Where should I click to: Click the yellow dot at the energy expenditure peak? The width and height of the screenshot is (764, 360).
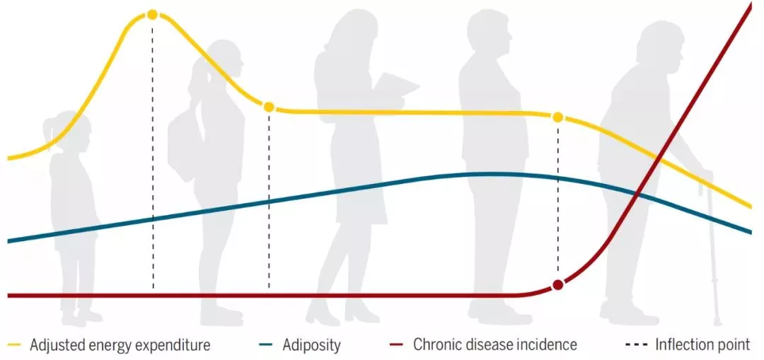(152, 15)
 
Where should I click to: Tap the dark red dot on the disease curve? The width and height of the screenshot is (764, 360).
(558, 284)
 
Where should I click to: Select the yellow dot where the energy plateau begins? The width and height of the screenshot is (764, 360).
(269, 107)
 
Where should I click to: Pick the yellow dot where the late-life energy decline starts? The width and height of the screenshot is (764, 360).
(558, 117)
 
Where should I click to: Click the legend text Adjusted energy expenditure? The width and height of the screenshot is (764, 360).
(120, 345)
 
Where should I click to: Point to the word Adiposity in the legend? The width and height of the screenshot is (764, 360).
(311, 345)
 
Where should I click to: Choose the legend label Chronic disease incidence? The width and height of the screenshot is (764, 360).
(495, 345)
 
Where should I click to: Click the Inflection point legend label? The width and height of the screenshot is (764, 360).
(702, 345)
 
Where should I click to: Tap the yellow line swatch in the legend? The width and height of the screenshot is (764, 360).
(15, 345)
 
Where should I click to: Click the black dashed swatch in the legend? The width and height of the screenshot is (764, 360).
(636, 345)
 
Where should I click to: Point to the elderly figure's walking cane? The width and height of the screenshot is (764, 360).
(710, 248)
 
